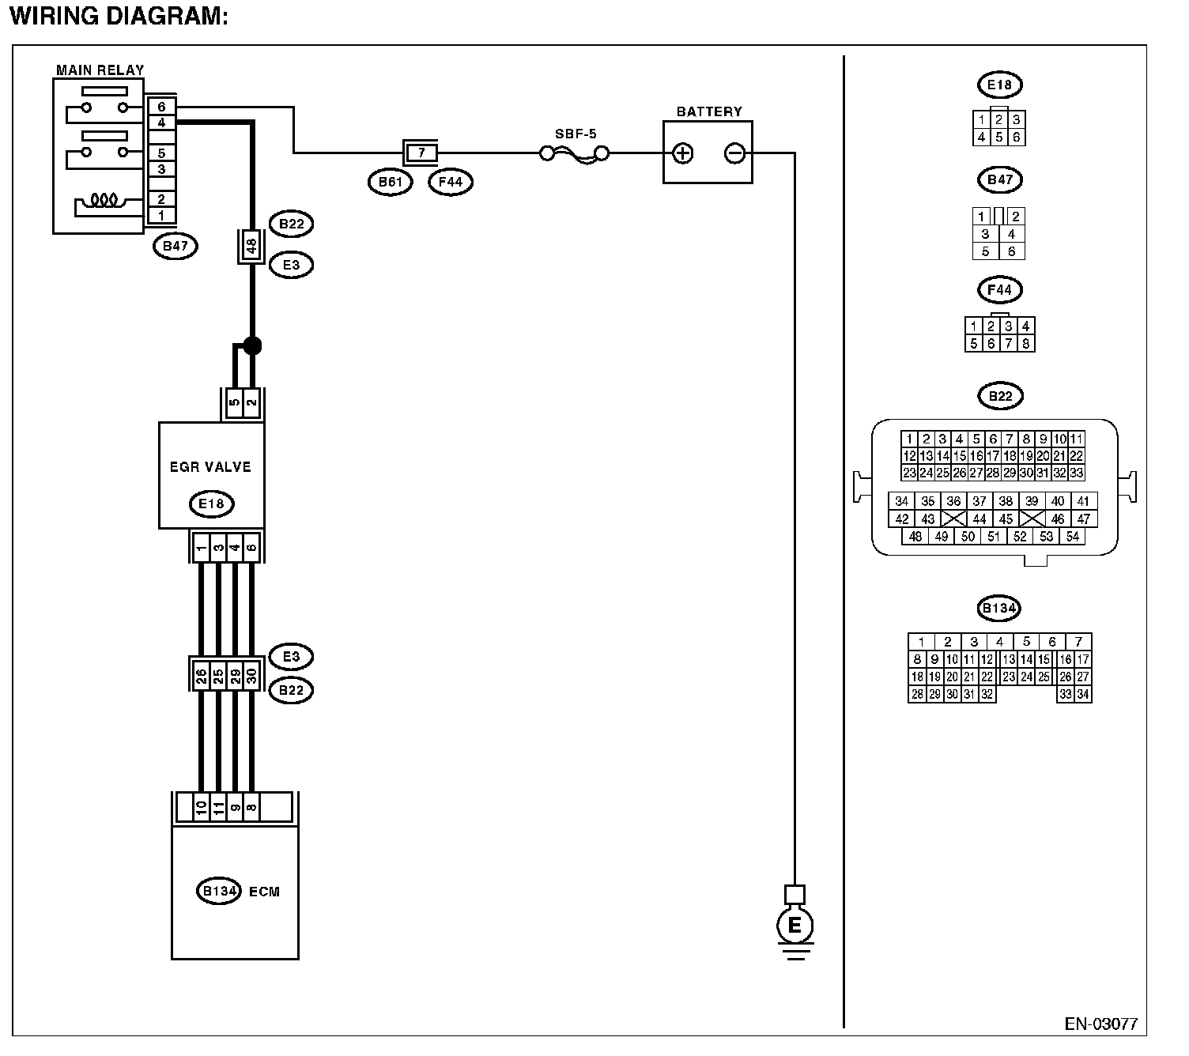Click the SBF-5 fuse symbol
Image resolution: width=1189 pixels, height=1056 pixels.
point(575,154)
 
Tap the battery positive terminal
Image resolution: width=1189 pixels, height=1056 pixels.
point(682,153)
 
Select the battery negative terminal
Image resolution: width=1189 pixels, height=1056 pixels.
point(734,153)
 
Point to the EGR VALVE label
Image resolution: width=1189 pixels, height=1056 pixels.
point(210,467)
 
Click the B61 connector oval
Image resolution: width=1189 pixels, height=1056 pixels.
point(391,182)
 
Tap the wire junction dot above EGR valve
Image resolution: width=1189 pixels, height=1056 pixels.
point(252,345)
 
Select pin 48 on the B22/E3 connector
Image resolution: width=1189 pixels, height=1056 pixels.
point(251,246)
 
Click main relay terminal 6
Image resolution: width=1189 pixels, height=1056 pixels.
point(161,107)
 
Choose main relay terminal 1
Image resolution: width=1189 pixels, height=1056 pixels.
point(161,215)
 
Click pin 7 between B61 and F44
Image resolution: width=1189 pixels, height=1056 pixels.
point(421,153)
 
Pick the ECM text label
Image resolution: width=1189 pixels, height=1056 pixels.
point(264,892)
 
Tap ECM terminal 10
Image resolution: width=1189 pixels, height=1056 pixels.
point(202,808)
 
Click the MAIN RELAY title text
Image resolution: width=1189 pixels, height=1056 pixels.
point(100,70)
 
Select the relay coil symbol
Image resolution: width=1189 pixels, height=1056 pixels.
point(104,201)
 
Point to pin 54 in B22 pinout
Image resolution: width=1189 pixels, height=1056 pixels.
point(1072,536)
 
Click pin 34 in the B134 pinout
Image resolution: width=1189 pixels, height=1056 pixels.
point(1083,694)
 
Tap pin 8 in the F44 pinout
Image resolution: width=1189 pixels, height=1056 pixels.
point(1026,343)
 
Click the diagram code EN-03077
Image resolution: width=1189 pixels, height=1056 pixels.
point(1101,1024)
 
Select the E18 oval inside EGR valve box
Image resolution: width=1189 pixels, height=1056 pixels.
point(211,504)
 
